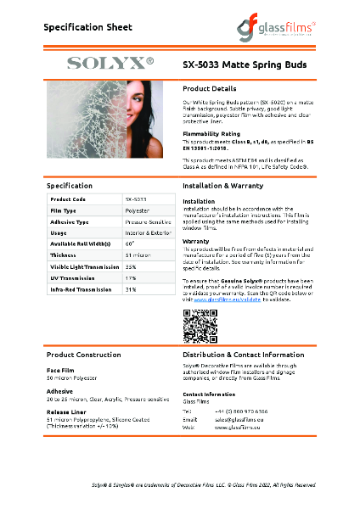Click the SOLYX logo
[x=110, y=63]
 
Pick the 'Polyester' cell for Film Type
[x=137, y=210]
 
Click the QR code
[x=200, y=326]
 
